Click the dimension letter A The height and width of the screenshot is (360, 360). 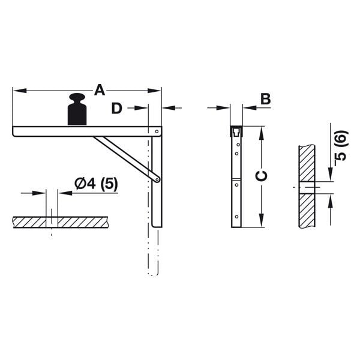(100, 90)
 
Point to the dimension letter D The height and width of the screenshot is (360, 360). (117, 108)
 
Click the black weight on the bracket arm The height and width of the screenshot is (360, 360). (77, 110)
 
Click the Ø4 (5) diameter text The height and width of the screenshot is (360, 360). (96, 184)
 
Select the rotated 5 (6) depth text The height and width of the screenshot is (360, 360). (340, 146)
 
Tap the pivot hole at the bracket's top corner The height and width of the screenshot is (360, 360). (157, 131)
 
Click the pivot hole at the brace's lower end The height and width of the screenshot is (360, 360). (157, 178)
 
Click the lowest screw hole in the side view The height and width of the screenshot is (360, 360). (236, 217)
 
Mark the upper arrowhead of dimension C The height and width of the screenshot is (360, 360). (261, 131)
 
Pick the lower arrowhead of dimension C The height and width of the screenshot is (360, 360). (261, 223)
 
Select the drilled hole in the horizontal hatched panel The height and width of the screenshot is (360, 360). (52, 221)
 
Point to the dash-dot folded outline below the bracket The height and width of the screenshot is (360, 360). (154, 252)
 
